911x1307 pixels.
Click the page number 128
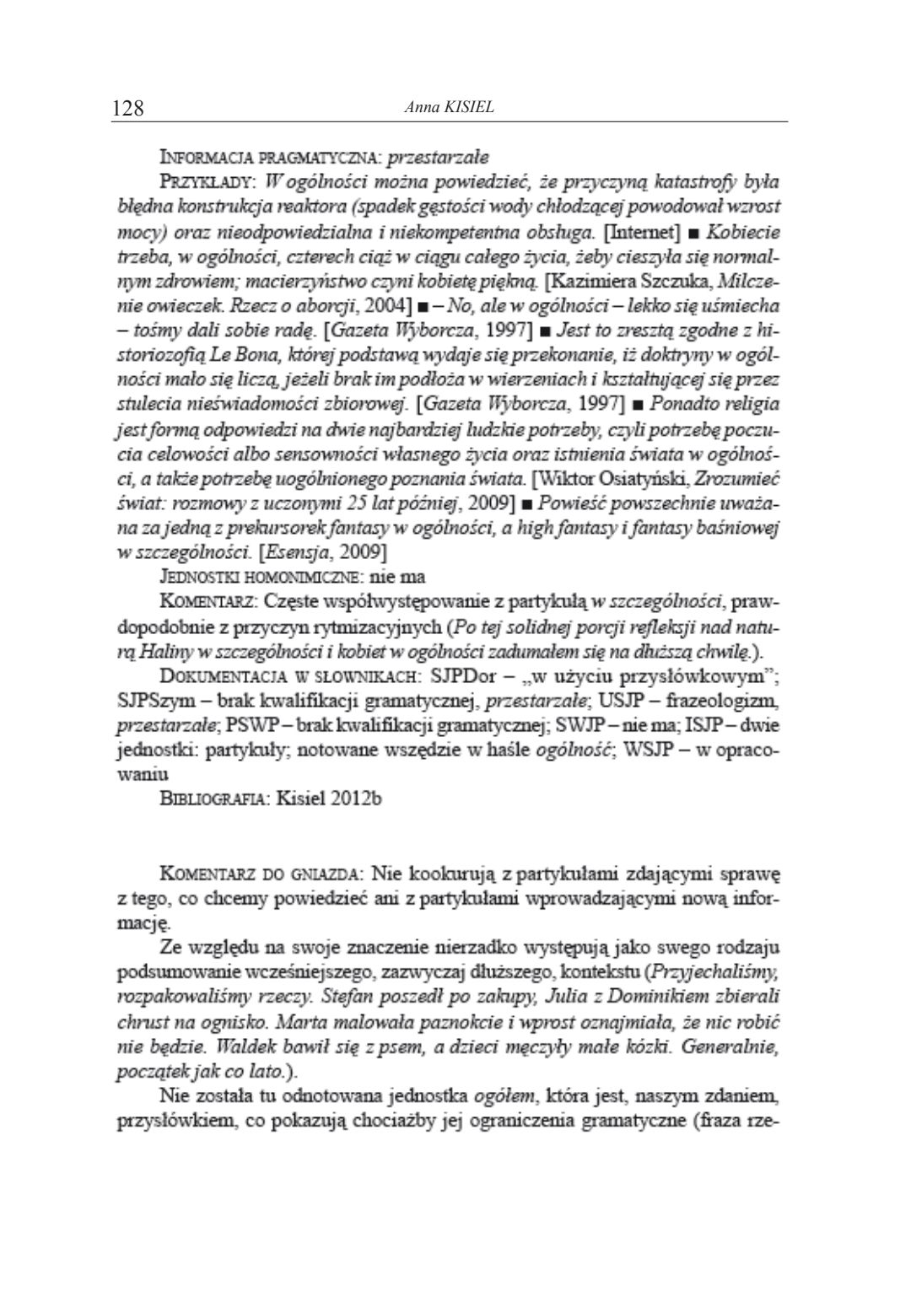click(x=129, y=108)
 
